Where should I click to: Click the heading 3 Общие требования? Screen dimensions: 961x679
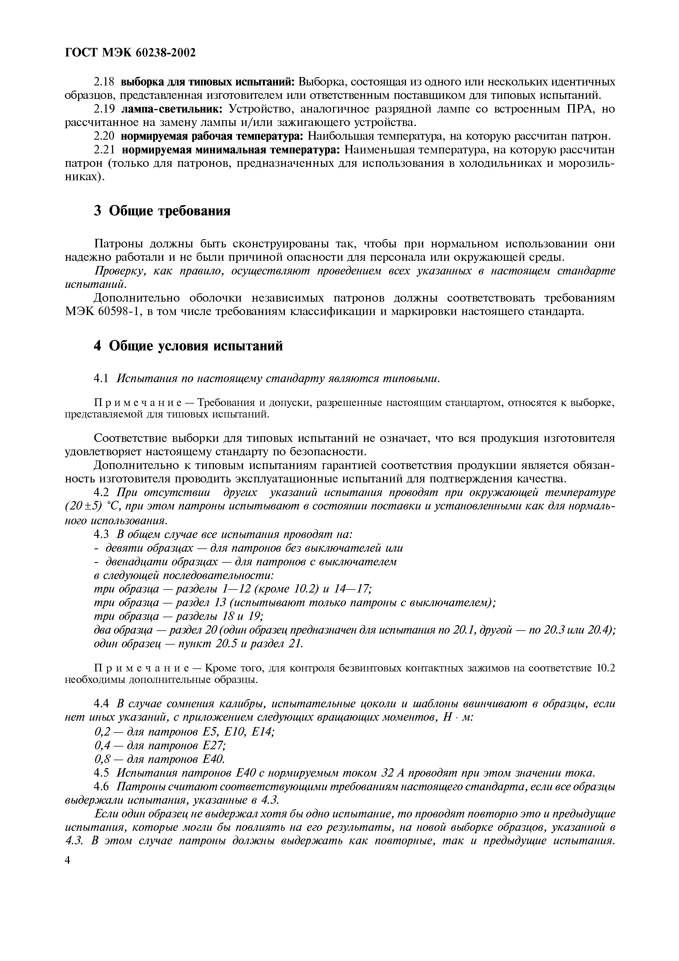(162, 211)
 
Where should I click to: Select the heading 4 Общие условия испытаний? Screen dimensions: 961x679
(188, 346)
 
